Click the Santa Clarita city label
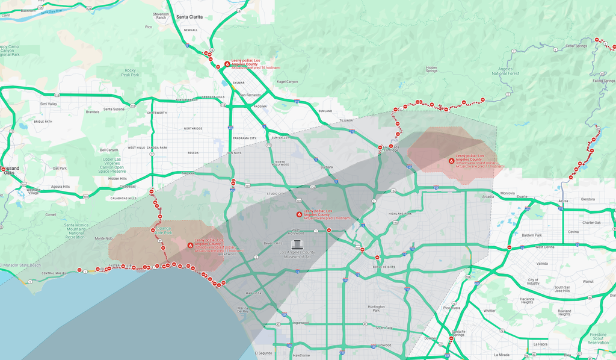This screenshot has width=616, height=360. pyautogui.click(x=194, y=17)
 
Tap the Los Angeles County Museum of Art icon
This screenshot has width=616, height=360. pyautogui.click(x=297, y=244)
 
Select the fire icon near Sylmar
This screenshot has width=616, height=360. pyautogui.click(x=227, y=63)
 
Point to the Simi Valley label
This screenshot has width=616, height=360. pyautogui.click(x=48, y=104)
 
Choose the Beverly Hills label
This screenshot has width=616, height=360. pyautogui.click(x=273, y=243)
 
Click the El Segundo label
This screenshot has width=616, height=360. pyautogui.click(x=264, y=352)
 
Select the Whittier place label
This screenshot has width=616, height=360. pyautogui.click(x=489, y=311)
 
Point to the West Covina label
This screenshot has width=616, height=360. pyautogui.click(x=545, y=247)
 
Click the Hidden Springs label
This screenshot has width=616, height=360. pyautogui.click(x=431, y=70)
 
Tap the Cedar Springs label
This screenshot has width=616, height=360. pyautogui.click(x=576, y=46)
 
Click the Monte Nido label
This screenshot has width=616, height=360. pyautogui.click(x=104, y=238)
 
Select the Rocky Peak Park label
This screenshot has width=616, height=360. pyautogui.click(x=131, y=72)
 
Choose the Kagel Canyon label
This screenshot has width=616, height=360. pyautogui.click(x=287, y=81)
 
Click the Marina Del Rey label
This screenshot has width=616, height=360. pyautogui.click(x=243, y=309)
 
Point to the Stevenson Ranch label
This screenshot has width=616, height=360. pyautogui.click(x=161, y=16)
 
